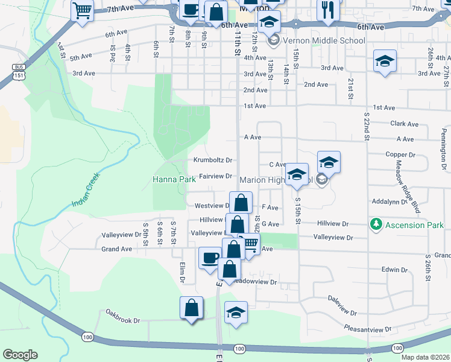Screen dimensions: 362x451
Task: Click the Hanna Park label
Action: point(174,180)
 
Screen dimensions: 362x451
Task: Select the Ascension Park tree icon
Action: point(376,224)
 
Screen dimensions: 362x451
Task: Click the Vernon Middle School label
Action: point(324,41)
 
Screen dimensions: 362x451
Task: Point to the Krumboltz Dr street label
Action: point(213,160)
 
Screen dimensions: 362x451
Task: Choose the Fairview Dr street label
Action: point(216,176)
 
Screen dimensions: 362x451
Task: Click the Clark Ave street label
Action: point(404,124)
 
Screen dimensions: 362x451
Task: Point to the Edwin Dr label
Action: point(396,269)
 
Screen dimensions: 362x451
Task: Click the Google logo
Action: point(20,355)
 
